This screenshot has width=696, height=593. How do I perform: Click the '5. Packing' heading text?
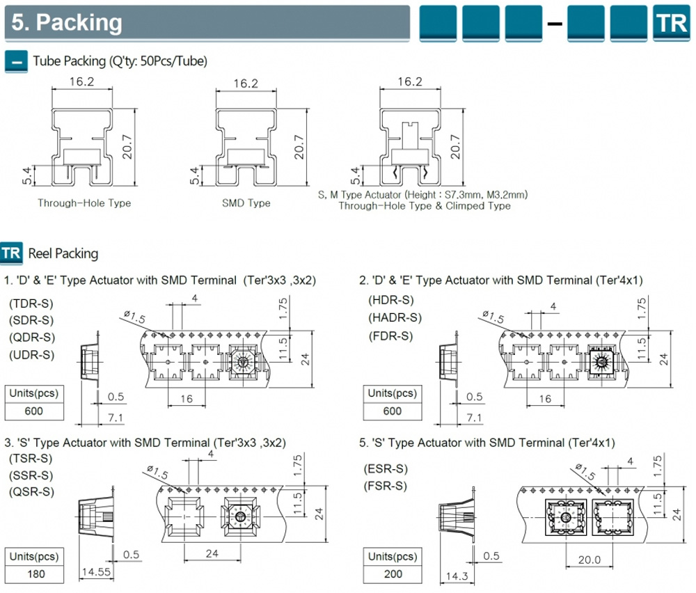coord(67,22)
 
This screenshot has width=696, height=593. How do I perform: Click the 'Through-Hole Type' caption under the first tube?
coord(84,203)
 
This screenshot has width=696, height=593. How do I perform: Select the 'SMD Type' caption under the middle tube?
coord(246,203)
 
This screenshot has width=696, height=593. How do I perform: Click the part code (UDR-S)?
coord(31,355)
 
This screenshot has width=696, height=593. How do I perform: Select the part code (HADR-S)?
coord(395,317)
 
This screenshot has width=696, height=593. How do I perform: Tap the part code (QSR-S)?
coord(31,492)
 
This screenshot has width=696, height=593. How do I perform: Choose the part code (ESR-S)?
coord(385,468)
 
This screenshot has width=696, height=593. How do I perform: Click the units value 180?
coord(33,574)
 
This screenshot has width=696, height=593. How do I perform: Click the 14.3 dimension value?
coord(456,577)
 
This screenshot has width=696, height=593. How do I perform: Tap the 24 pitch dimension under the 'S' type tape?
coord(212,554)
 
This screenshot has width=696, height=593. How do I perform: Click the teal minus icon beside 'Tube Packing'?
coord(15,61)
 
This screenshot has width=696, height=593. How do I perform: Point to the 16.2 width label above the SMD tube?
coord(246,84)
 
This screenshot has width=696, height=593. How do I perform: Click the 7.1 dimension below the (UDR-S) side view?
coord(115,418)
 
